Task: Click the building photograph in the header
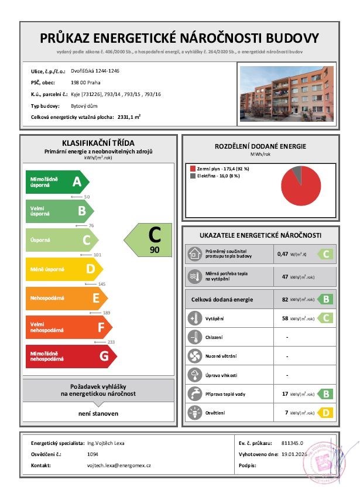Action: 286,93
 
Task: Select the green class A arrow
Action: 56,182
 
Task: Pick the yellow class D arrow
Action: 63,269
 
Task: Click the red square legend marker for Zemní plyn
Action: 191,168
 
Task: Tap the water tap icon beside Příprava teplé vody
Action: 194,394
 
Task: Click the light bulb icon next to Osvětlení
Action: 194,413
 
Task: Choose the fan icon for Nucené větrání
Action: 194,356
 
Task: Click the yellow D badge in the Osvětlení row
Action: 325,413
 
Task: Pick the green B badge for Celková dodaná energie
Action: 325,299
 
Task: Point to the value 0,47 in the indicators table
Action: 283,255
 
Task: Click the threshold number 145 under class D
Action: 102,284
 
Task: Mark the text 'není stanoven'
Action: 98,413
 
